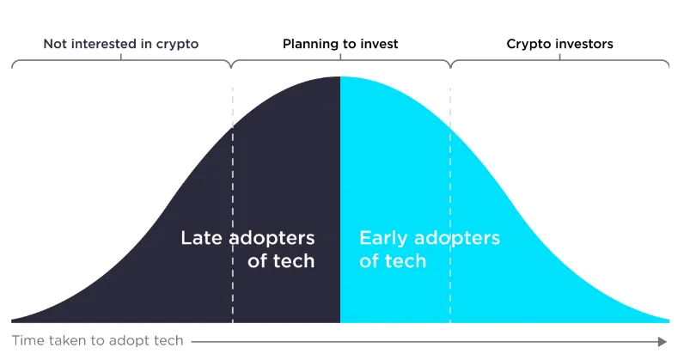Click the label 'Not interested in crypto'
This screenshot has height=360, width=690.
(x=121, y=44)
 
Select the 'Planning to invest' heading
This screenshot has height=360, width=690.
(x=340, y=44)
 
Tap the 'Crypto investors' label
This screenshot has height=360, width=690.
(x=559, y=44)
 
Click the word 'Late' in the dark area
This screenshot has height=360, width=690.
(x=202, y=238)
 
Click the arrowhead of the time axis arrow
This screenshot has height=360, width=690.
(x=663, y=341)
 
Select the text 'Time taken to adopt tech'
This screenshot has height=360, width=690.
(x=97, y=340)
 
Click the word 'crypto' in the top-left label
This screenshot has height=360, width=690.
(x=177, y=45)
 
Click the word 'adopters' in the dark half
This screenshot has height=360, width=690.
(x=272, y=239)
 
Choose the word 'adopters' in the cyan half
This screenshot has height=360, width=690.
(x=457, y=239)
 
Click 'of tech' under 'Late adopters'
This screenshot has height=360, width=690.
(x=281, y=261)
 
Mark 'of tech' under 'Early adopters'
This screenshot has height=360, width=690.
(x=393, y=261)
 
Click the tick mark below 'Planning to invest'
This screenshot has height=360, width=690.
(x=340, y=57)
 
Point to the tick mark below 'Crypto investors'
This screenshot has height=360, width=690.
(x=559, y=57)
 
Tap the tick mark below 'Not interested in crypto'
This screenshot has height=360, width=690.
(x=121, y=57)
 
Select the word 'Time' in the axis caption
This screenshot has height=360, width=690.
(x=28, y=340)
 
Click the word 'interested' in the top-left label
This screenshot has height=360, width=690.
(x=104, y=44)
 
